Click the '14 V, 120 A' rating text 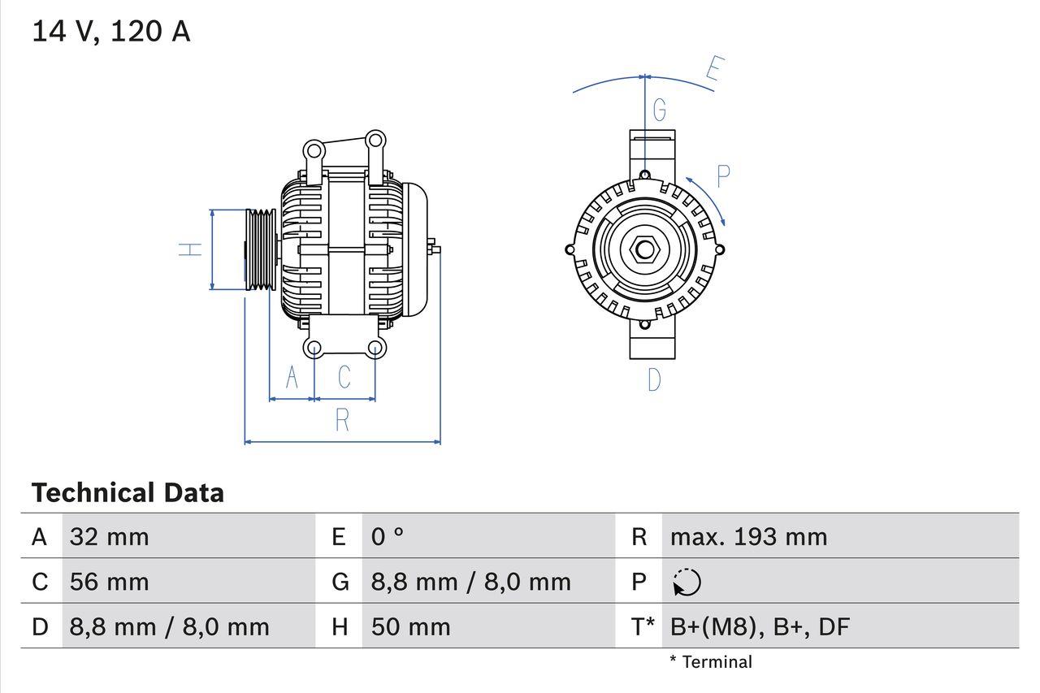coord(111,32)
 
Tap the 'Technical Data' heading coord(128,493)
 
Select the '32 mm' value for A coord(110,537)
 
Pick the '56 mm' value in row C coord(110,582)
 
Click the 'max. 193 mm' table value coord(748,537)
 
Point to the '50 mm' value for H coord(410,626)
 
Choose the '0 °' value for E coord(388,537)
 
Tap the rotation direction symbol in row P coord(687,582)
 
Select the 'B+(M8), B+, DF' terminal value coord(760,626)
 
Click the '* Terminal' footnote coord(711,662)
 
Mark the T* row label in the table coord(643,626)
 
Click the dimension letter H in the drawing coord(190,249)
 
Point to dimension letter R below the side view coord(342,420)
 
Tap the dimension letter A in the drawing coord(292,377)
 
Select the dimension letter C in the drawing coord(344,377)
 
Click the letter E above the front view coord(714,69)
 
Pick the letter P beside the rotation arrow coord(722,175)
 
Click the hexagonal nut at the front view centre coord(644,249)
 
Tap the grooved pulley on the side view coord(261,249)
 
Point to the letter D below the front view coord(654,379)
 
